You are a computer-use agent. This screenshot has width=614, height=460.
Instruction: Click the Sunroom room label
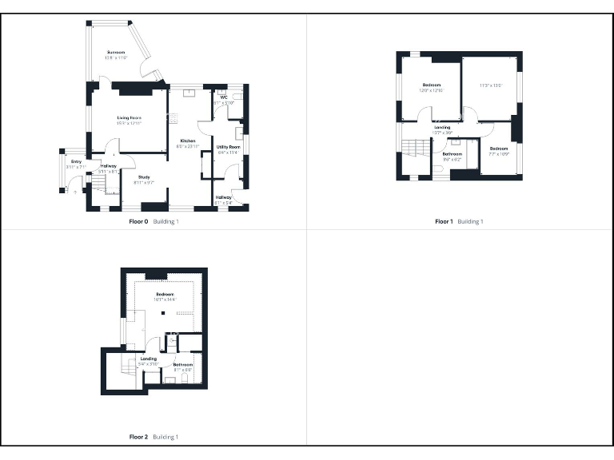[117, 53]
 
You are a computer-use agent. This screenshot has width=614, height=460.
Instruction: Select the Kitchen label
[187, 141]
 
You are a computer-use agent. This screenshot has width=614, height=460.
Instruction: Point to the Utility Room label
[229, 148]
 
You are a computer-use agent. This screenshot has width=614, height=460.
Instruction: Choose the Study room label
[143, 178]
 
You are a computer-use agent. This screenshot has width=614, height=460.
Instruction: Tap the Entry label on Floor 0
[76, 162]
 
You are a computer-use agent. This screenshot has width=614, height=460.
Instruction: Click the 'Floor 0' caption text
[139, 221]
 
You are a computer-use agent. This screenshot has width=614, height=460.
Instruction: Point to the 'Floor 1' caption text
[444, 221]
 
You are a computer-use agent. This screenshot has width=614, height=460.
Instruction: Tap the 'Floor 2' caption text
[139, 437]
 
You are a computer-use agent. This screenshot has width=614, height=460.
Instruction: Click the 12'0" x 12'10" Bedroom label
[431, 86]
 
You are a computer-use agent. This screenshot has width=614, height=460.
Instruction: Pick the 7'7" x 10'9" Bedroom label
[499, 149]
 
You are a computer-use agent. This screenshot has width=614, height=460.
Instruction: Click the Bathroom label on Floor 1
[453, 154]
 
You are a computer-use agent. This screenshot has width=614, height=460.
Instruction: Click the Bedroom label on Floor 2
[165, 295]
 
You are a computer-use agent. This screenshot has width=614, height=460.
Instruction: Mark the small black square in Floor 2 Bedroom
[162, 313]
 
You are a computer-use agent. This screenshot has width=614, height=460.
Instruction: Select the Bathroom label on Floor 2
[182, 366]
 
